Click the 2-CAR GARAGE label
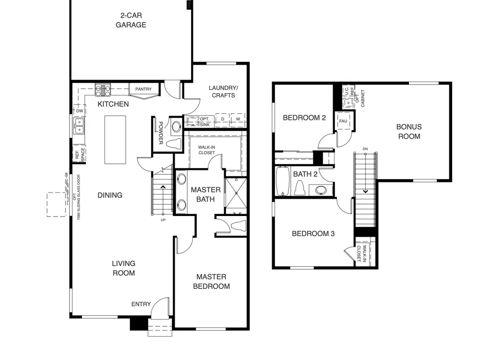tap(131, 20)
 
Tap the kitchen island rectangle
tap(115, 140)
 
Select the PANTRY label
tap(143, 89)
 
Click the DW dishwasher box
tap(80, 111)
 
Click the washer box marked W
tap(238, 120)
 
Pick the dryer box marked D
tap(223, 120)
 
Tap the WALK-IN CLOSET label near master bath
tap(206, 150)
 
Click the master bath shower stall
tap(236, 193)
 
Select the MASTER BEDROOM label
tap(211, 282)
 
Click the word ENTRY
tap(141, 304)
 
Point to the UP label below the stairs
tap(163, 220)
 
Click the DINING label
tap(110, 195)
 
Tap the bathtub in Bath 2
tap(282, 181)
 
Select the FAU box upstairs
tap(343, 121)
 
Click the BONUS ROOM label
tap(409, 132)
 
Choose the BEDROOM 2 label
tap(304, 118)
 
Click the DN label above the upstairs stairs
tap(365, 149)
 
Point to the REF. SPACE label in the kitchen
tap(80, 155)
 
